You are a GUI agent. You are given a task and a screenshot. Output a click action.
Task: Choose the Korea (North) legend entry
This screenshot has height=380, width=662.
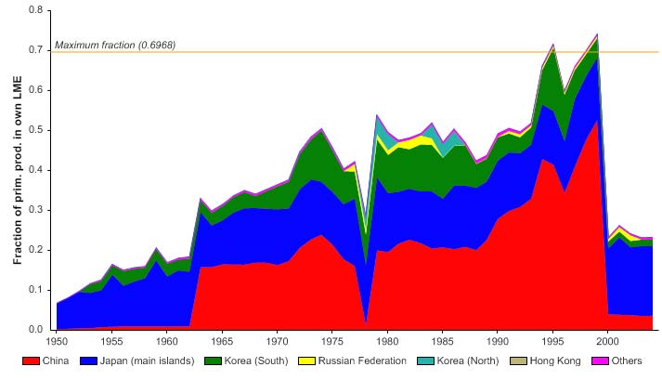coord(454,360)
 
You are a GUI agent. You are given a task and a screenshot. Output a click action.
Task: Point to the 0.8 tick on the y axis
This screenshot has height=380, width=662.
coord(36,10)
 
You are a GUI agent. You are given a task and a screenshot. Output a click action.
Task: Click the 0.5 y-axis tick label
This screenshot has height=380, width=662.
coord(36,130)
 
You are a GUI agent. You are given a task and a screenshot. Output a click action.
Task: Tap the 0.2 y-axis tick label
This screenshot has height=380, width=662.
coord(36,250)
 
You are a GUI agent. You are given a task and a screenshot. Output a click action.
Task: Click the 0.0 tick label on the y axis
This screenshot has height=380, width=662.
coord(36,330)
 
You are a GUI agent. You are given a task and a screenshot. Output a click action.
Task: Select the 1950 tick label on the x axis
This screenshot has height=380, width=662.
coord(57,340)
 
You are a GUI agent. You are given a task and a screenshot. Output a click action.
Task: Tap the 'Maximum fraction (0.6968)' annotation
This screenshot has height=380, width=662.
coord(115,45)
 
